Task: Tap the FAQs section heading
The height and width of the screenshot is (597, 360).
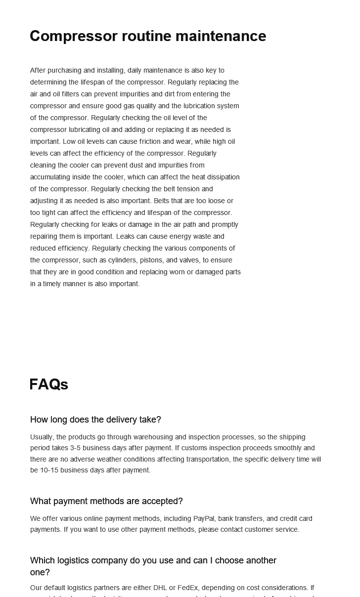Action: click(x=49, y=384)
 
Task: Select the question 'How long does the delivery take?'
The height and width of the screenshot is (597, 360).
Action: click(x=95, y=420)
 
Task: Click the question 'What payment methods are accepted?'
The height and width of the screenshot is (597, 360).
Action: click(x=106, y=501)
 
